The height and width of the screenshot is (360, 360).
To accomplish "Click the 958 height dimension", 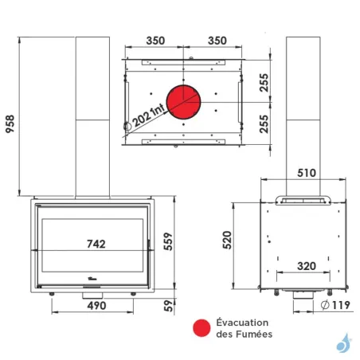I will (x=10, y=115).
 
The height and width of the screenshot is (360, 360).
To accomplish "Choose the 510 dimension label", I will (x=307, y=172).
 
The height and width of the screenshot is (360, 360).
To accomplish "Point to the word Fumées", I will (x=253, y=335).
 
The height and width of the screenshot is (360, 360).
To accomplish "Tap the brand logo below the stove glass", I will (x=96, y=280).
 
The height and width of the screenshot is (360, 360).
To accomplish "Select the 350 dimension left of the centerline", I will (x=155, y=40).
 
